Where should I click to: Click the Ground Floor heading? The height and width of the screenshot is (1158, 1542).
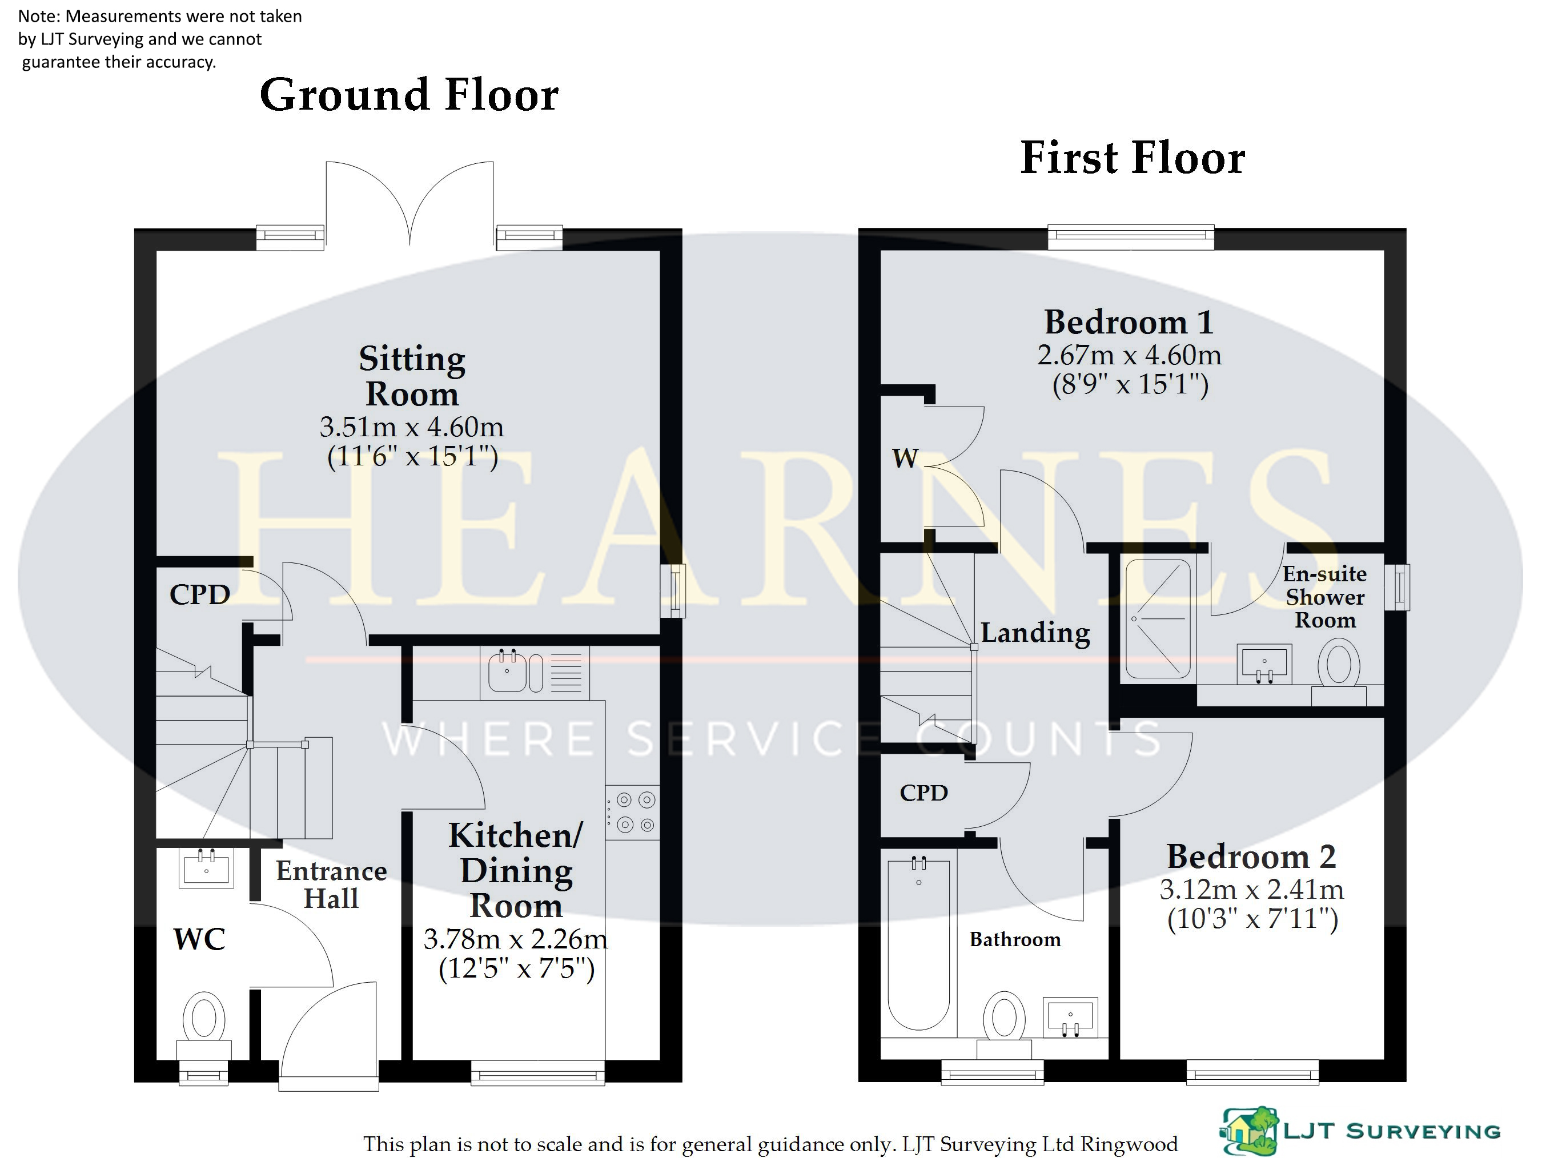(409, 95)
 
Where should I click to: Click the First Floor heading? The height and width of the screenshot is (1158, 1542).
(1133, 158)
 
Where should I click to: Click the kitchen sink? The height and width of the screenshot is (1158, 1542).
(516, 672)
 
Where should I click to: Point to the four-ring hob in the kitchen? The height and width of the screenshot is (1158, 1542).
(632, 812)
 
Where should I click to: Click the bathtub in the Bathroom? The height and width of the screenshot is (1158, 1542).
(919, 944)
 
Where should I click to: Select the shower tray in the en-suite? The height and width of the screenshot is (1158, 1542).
(1158, 618)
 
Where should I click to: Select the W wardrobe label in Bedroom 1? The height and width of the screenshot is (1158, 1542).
(906, 459)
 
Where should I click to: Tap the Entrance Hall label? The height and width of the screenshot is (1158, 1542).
(331, 884)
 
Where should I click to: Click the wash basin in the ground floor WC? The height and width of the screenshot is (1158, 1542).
(206, 868)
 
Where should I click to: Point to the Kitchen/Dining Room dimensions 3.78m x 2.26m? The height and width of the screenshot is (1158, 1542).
(516, 939)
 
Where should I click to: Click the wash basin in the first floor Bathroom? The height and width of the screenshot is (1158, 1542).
(1070, 1017)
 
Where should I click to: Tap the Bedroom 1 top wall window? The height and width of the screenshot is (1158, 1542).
(1131, 237)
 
